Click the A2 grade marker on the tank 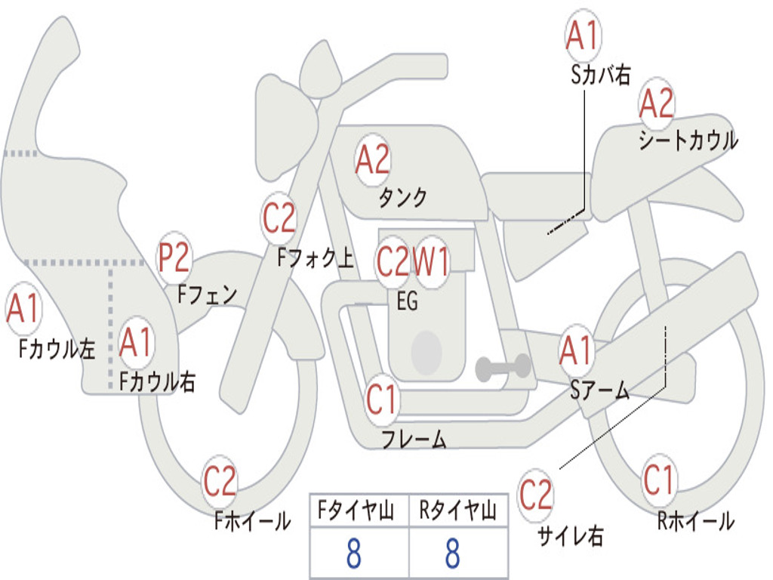tap(373, 160)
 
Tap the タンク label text tap(402, 197)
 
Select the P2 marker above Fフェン tap(174, 258)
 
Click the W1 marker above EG tap(431, 261)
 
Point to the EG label tap(407, 301)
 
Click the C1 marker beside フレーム tap(381, 399)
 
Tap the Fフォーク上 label tap(316, 258)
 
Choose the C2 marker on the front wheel tap(220, 481)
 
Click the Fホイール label tap(252, 521)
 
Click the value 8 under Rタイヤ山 tap(453, 554)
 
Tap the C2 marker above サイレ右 tap(535, 495)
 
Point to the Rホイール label tap(696, 521)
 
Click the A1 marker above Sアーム tap(576, 350)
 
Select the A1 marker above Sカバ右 tap(584, 35)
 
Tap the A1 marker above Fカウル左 tap(23, 309)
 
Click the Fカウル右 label tap(158, 381)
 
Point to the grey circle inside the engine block tap(426, 352)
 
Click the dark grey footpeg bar tap(503, 368)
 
